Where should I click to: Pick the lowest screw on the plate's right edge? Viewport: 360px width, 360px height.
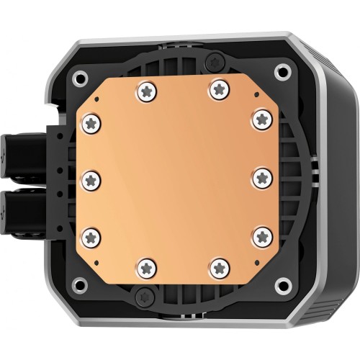point(262,233)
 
